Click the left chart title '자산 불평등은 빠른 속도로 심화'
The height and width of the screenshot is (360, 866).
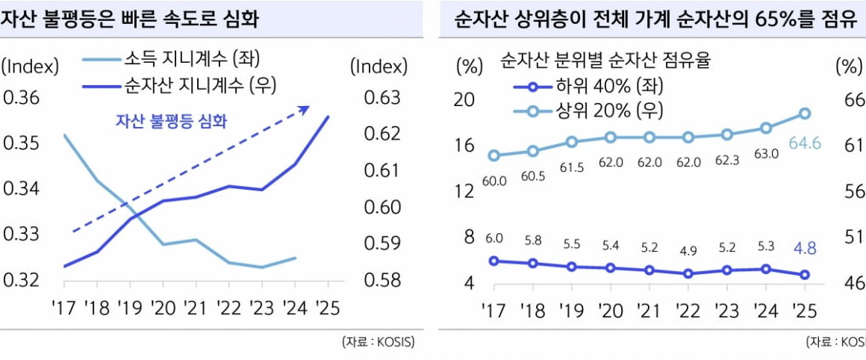tap(131, 19)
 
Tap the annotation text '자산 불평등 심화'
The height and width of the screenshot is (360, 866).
tap(171, 121)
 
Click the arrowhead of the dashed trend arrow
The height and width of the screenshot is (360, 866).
tap(304, 109)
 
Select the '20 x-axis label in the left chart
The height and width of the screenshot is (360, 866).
tap(163, 307)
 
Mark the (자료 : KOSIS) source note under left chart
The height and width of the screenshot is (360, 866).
tap(378, 343)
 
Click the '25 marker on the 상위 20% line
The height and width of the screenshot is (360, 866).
tap(805, 114)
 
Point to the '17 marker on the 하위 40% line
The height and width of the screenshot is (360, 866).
tap(493, 261)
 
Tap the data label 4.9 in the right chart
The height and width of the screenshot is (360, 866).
tap(688, 250)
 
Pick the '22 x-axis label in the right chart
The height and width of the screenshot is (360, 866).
tap(688, 310)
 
